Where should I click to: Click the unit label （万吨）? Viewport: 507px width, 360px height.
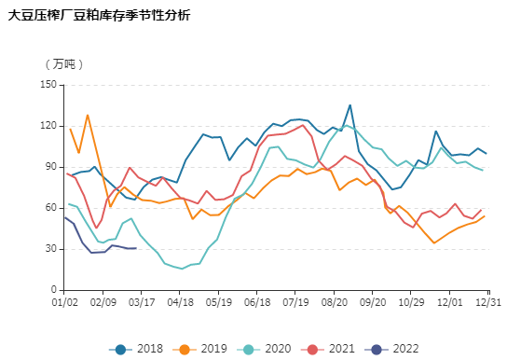pyautogui.click(x=63, y=64)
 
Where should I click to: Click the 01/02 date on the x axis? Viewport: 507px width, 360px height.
pyautogui.click(x=64, y=302)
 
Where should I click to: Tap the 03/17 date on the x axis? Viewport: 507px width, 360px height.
pyautogui.click(x=142, y=302)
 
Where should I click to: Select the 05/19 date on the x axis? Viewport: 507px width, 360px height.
pyautogui.click(x=218, y=302)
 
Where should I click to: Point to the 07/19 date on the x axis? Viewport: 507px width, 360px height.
pyautogui.click(x=295, y=302)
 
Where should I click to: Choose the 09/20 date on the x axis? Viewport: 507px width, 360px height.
pyautogui.click(x=372, y=302)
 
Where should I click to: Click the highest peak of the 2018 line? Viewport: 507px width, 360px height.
pyautogui.click(x=349, y=105)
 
